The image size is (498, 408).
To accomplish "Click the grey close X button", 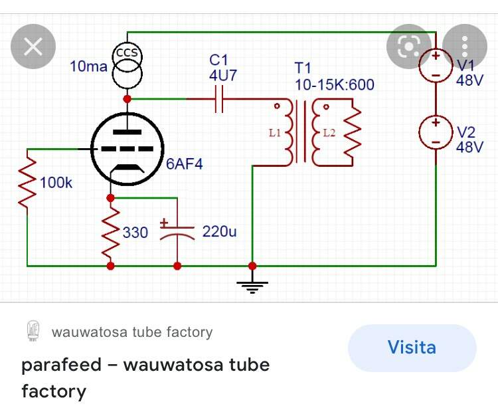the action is [33, 47].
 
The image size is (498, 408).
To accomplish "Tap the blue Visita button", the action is [412, 348].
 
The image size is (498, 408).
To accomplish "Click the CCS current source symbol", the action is [127, 66].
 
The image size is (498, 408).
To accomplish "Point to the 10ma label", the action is [88, 66].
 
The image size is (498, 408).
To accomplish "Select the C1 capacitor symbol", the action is [219, 99].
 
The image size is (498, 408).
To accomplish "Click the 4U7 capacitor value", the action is [223, 75].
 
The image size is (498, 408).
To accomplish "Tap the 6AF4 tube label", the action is [184, 164].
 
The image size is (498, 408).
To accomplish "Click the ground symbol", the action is [252, 286].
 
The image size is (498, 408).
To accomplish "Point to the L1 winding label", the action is [275, 132].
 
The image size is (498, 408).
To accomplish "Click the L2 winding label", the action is [329, 132].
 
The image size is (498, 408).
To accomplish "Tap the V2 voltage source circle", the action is [436, 132].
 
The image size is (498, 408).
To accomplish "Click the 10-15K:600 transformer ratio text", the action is [335, 85].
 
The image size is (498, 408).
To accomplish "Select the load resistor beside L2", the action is [353, 132].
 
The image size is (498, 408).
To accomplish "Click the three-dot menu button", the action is [465, 47].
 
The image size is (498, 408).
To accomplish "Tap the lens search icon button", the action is [409, 47].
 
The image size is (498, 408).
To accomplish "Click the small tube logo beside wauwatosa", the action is [33, 331].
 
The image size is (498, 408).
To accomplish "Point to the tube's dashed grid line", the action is [127, 149].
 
